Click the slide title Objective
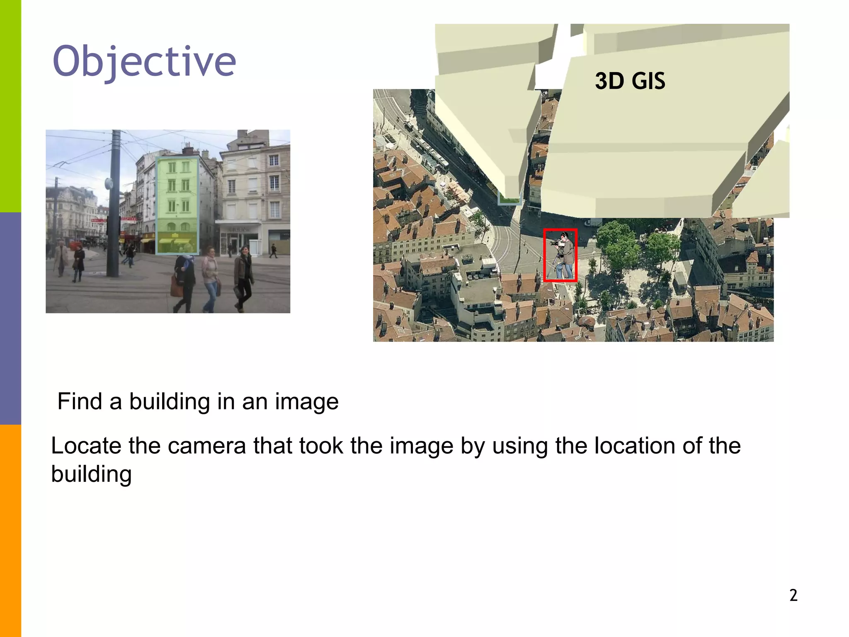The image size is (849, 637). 144,62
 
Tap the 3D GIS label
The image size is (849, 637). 630,81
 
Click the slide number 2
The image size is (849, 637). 793,595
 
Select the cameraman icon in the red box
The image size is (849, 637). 560,255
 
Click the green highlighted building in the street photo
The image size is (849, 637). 177,205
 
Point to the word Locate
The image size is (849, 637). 85,446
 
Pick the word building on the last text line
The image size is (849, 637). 91,474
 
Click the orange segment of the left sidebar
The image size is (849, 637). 10,531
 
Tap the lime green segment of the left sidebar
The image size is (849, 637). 10,106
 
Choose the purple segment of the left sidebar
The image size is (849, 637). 10,318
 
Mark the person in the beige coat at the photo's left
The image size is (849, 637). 61,257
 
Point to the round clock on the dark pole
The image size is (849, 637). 109,183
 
